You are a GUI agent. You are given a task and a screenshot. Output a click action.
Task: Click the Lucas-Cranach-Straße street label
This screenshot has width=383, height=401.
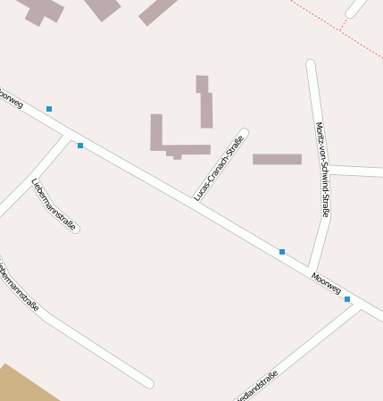(219, 167)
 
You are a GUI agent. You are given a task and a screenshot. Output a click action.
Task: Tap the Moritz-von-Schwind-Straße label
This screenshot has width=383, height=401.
(322, 170)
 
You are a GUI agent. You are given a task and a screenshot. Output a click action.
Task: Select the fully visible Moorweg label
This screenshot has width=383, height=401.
(326, 283)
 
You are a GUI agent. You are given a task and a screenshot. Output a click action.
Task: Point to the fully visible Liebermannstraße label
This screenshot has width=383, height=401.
(54, 205)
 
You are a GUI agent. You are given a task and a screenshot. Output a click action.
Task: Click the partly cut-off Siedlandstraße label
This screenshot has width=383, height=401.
(258, 385)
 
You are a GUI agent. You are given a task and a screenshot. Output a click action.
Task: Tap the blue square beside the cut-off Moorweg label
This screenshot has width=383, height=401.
(49, 109)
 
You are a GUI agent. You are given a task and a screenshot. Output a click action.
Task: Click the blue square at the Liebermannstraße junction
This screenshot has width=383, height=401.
(80, 146)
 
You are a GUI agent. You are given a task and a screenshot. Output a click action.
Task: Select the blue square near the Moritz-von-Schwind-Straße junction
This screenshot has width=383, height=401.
(282, 252)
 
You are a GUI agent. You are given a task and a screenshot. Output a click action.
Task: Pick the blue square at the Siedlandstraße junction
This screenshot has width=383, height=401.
(347, 299)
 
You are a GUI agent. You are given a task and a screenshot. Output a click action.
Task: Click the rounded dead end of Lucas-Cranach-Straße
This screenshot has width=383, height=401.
(243, 134)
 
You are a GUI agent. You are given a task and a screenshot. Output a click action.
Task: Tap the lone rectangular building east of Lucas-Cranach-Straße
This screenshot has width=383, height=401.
(277, 159)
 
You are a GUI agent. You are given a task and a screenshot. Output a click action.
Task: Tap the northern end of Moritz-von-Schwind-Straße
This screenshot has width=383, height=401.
(311, 65)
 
